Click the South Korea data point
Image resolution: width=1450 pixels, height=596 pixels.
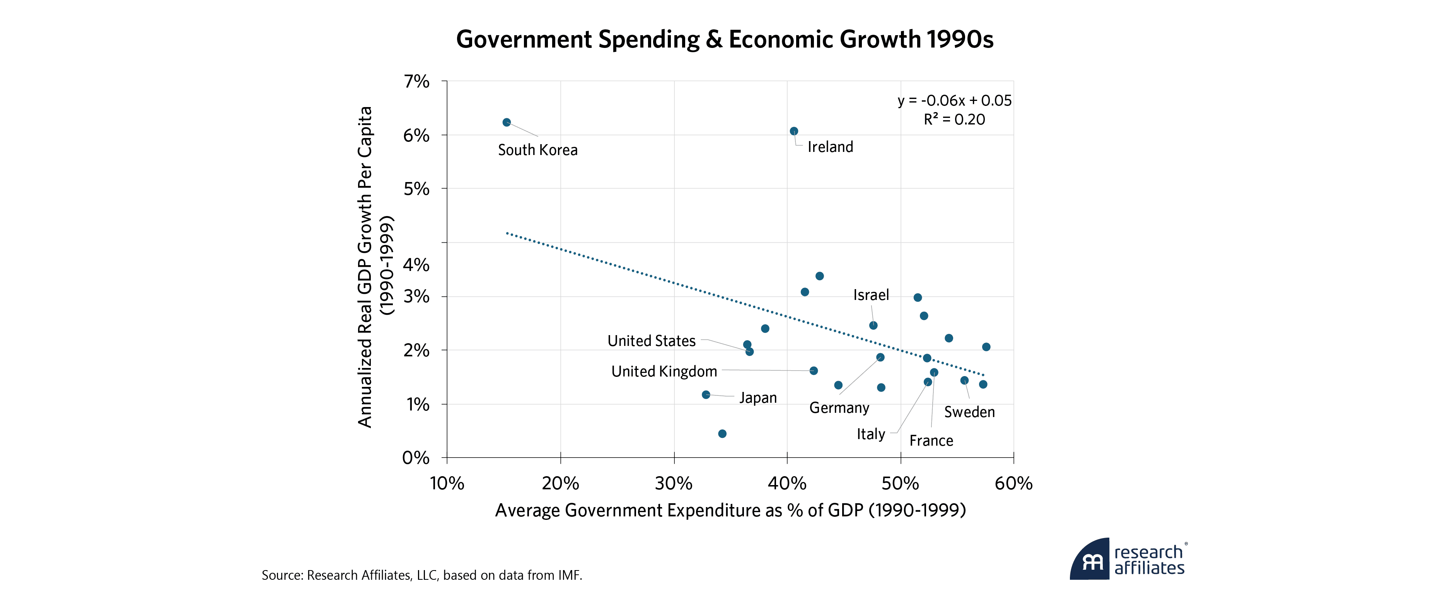[x=507, y=122]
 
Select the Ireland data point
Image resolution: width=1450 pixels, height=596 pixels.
[x=794, y=131]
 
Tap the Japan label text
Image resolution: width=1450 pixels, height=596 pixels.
[x=757, y=398]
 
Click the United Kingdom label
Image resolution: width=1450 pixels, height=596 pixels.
[x=664, y=371]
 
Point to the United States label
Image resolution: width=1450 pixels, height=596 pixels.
[x=651, y=341]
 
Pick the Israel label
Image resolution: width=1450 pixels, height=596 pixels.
[x=871, y=295]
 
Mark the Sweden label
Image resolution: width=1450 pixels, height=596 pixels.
[x=969, y=412]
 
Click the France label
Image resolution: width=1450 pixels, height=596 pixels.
[x=931, y=441]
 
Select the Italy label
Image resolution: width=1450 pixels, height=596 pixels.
[x=871, y=434]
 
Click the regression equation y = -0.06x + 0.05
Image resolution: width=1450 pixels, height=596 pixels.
[x=954, y=101]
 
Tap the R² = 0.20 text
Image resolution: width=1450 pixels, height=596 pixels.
[x=954, y=119]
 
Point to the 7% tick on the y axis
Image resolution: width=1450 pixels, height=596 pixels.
[x=416, y=82]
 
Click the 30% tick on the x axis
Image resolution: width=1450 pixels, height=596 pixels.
[x=674, y=484]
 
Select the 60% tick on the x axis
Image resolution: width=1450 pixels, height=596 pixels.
[x=1013, y=484]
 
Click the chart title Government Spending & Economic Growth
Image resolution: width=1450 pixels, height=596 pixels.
[x=725, y=39]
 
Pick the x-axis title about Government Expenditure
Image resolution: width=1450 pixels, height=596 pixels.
[x=730, y=511]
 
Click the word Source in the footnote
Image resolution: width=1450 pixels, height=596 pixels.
[x=282, y=575]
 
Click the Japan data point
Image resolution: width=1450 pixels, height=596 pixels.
[x=706, y=395]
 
